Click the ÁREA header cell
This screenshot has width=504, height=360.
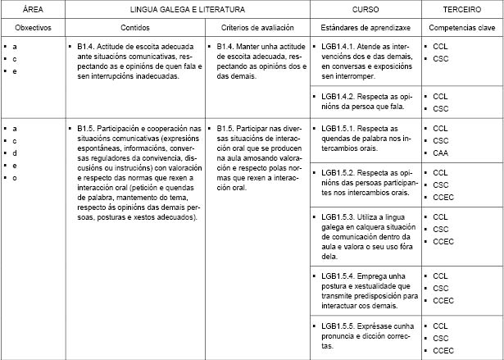click(x=32, y=11)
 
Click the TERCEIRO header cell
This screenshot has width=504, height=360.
click(x=461, y=11)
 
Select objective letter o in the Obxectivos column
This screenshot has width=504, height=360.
click(x=15, y=178)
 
